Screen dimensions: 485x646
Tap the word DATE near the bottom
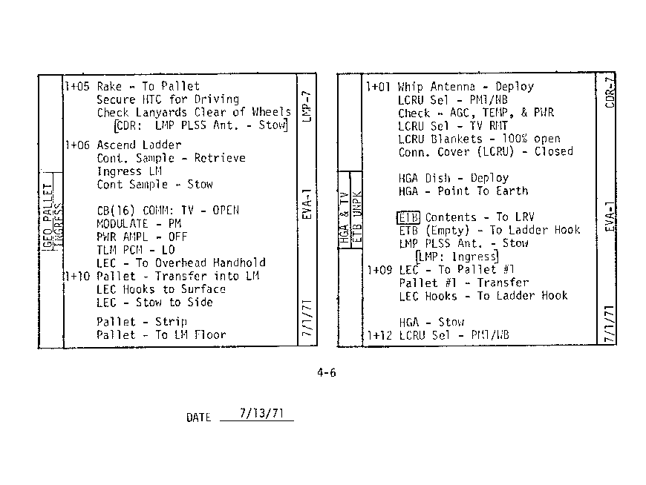[x=198, y=418]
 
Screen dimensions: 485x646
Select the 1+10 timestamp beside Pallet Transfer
[x=77, y=276]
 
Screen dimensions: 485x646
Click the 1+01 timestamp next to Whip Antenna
[x=379, y=87]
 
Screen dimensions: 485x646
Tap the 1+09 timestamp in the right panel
[x=379, y=269]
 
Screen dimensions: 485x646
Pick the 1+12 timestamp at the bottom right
[x=379, y=334]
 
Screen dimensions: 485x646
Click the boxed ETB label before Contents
[x=409, y=217]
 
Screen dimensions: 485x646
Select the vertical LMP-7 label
[x=308, y=107]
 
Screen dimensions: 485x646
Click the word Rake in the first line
[x=109, y=87]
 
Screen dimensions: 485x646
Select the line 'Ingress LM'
[x=129, y=171]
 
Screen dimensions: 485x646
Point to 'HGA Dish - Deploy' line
[x=453, y=178]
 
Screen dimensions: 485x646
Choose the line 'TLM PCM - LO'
[x=135, y=250]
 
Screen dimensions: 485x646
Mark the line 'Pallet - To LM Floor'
[x=161, y=334]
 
